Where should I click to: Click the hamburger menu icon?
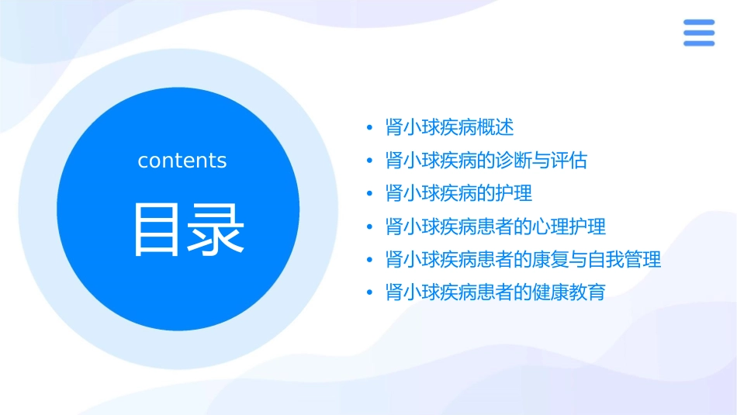[x=698, y=33]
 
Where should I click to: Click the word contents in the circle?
[x=182, y=161]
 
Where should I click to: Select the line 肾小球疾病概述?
[x=449, y=127]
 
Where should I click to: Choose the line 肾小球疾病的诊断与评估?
[x=486, y=161]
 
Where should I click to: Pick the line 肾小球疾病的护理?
[x=458, y=193]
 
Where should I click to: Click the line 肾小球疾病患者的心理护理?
[x=495, y=227]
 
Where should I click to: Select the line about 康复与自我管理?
[x=523, y=259]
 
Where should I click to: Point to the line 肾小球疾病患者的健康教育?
[x=495, y=292]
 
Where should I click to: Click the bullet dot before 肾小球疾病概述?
[x=370, y=128]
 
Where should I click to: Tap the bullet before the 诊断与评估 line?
[x=370, y=161]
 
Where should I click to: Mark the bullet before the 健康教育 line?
[x=370, y=293]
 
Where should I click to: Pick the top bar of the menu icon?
[x=698, y=22]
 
